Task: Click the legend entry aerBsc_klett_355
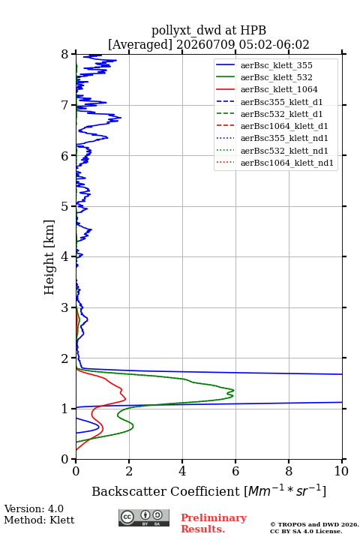[264, 65]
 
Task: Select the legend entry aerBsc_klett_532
[264, 77]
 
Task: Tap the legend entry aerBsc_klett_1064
[267, 89]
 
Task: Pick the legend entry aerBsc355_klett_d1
[269, 102]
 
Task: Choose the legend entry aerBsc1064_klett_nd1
[274, 163]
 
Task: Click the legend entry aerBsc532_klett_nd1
[272, 151]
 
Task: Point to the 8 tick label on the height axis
[65, 55]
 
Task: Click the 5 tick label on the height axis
[65, 206]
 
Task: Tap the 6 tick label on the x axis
[235, 471]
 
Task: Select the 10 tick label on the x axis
[342, 471]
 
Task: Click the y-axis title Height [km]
[49, 257]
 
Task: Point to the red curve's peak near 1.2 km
[125, 399]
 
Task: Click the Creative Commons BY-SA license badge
[144, 517]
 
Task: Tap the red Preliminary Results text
[214, 523]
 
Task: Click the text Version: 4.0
[34, 508]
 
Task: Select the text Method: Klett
[39, 520]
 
